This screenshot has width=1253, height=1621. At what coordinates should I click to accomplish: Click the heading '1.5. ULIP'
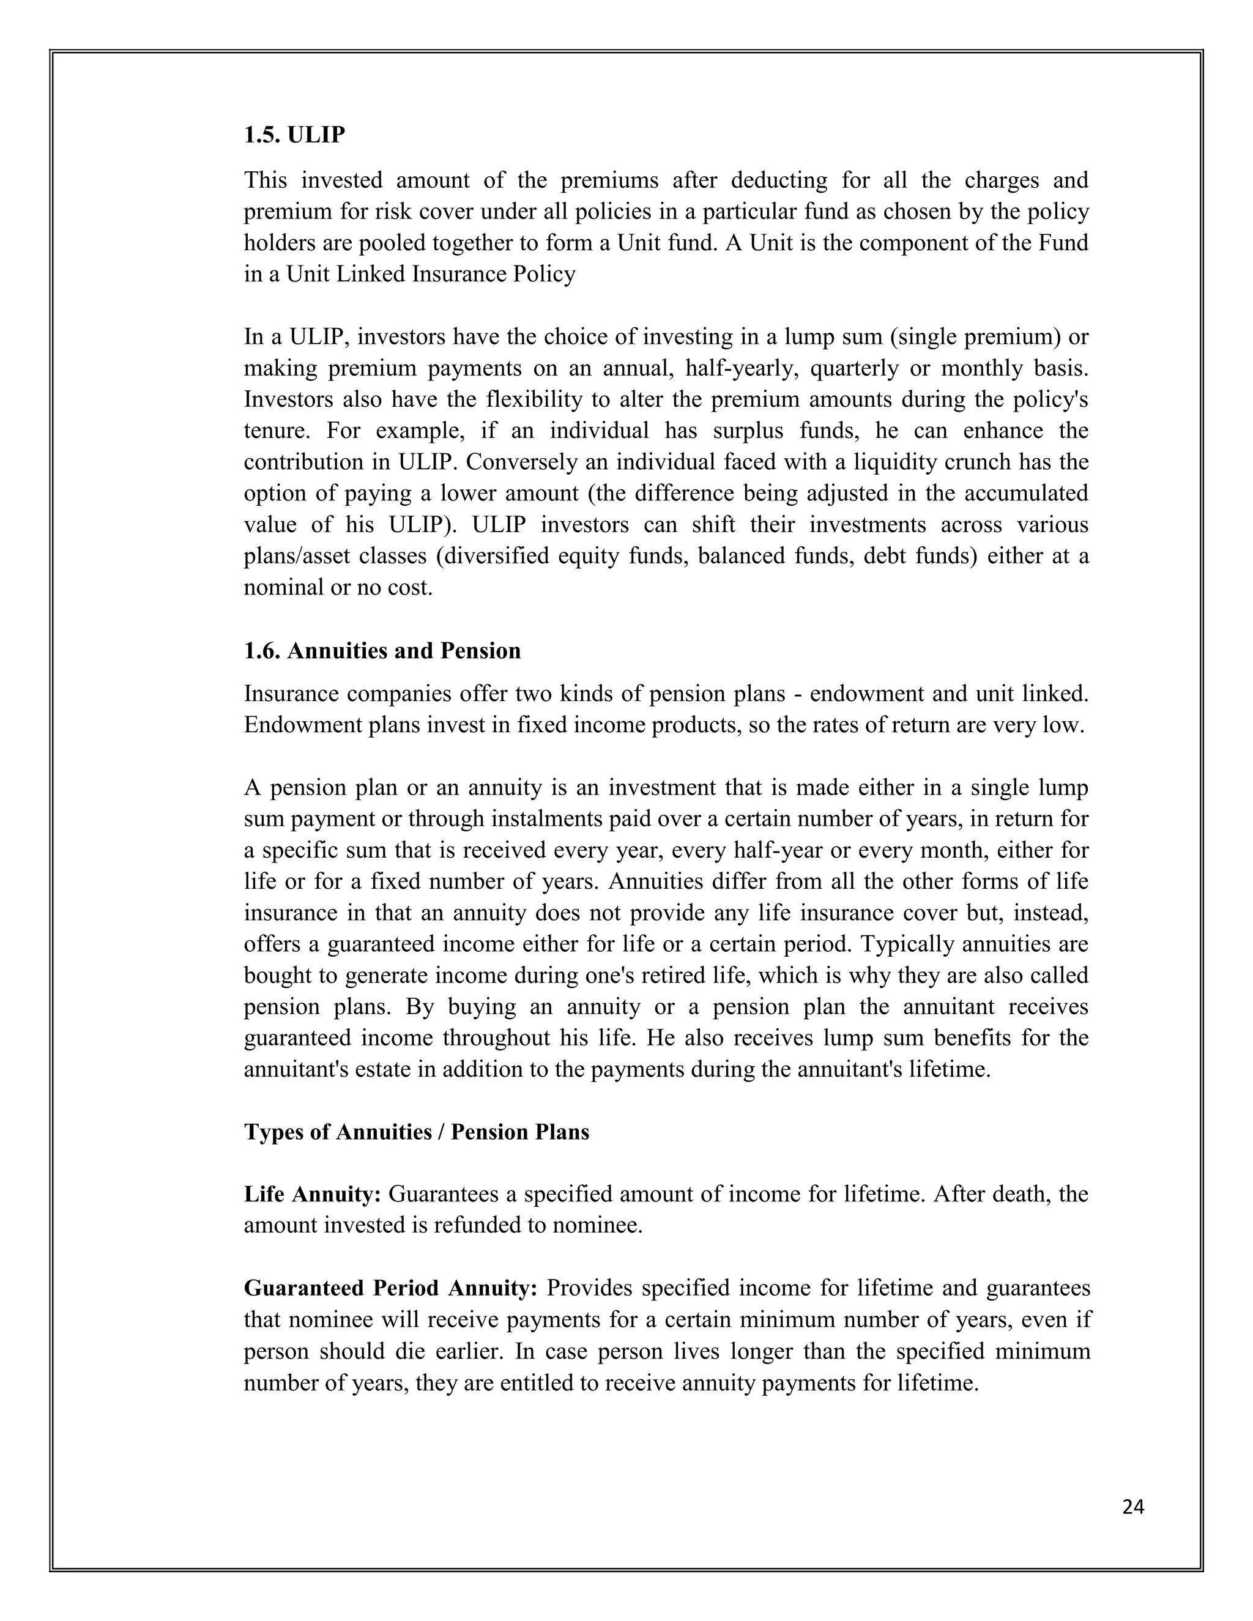click(x=295, y=135)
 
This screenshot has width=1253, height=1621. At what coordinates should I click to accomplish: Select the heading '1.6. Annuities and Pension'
click(x=382, y=651)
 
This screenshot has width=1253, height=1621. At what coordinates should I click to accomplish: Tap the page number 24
click(x=1134, y=1507)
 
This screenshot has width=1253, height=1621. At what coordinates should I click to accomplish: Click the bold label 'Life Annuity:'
click(x=312, y=1194)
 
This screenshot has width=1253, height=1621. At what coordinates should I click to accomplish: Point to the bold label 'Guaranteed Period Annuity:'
click(x=390, y=1288)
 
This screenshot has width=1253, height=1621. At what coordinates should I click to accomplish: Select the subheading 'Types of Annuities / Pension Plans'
click(x=417, y=1132)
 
